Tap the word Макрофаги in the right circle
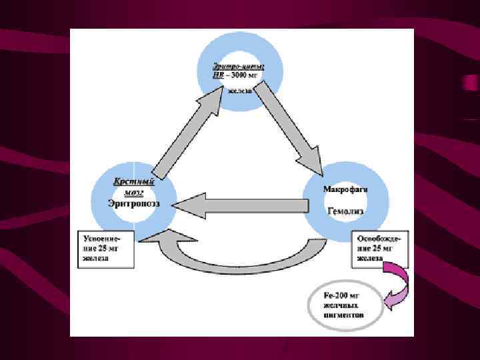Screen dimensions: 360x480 (346, 189)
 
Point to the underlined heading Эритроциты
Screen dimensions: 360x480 (239, 66)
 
